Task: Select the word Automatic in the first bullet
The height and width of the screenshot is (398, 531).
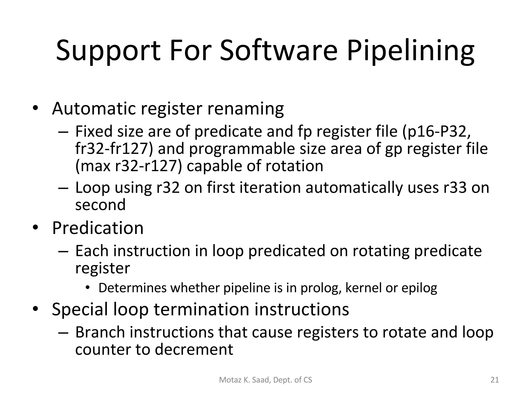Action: click(x=94, y=109)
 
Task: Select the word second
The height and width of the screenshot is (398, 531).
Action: click(x=100, y=205)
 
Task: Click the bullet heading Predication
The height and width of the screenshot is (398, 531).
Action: click(x=98, y=228)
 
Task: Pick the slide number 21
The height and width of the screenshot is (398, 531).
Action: click(x=495, y=380)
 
